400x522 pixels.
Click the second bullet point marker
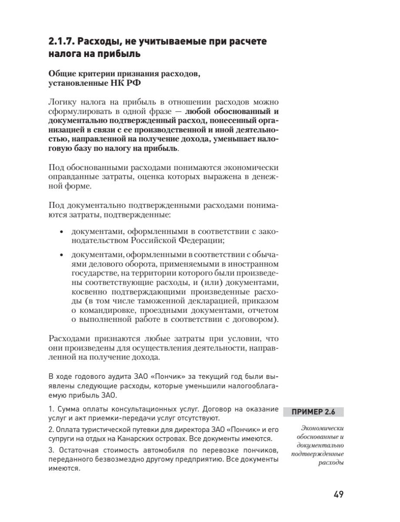pyautogui.click(x=61, y=255)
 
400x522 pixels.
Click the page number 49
pyautogui.click(x=338, y=495)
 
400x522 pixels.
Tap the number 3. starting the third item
pyautogui.click(x=50, y=449)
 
